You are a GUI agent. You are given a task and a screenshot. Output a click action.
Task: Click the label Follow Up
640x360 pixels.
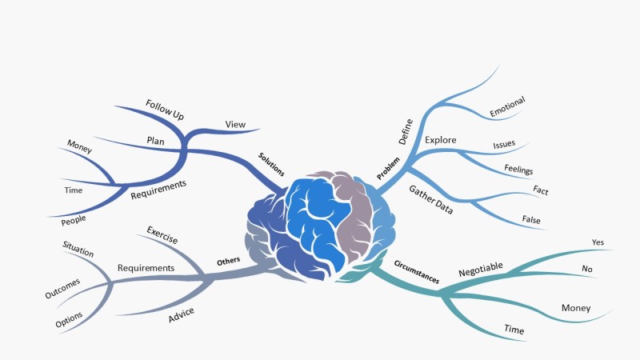[165, 110]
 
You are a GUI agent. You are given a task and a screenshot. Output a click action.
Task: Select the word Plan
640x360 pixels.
[156, 140]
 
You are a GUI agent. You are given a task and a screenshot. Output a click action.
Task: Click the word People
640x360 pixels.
[74, 218]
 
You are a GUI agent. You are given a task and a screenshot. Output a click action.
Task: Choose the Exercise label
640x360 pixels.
[162, 235]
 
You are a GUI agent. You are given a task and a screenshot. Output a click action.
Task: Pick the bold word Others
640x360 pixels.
[229, 261]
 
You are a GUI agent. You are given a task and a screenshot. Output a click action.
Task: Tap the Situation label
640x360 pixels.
[78, 248]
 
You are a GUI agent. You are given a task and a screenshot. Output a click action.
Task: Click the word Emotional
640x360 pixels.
[507, 107]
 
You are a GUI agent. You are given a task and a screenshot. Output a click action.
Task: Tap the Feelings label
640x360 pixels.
[518, 170]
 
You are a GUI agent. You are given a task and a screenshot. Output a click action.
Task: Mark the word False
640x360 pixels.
[531, 219]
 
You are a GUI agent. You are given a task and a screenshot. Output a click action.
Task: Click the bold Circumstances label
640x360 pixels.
[417, 272]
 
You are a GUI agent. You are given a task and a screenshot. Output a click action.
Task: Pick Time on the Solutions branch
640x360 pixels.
[73, 190]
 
